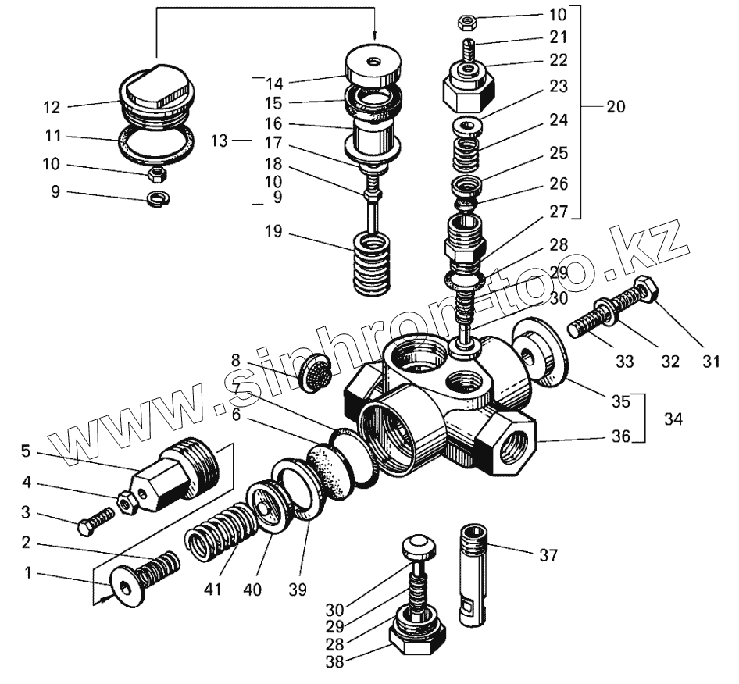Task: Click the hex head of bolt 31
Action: (647, 290)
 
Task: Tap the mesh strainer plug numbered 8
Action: (313, 374)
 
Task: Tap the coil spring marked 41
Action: (220, 531)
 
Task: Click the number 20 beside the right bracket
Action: (616, 108)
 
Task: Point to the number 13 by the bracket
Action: (220, 141)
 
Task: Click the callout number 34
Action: (672, 419)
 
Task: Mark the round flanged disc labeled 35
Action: (540, 352)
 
